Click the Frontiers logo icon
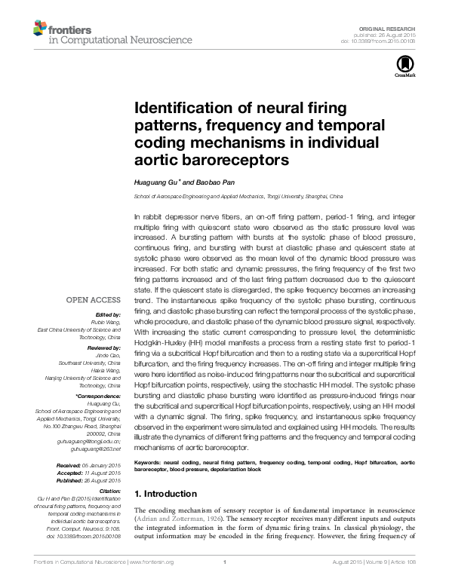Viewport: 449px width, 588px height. [x=39, y=29]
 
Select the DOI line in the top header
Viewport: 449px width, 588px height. [x=383, y=41]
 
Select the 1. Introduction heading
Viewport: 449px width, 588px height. [x=165, y=495]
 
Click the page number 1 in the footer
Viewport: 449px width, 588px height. [x=225, y=562]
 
